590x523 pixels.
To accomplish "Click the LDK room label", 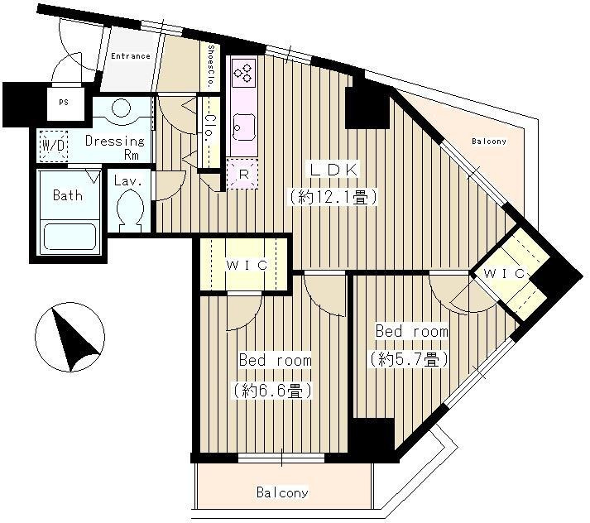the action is tap(333, 170).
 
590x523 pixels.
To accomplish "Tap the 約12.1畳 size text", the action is tap(333, 197).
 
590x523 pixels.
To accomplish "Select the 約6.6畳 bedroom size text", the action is tap(272, 391).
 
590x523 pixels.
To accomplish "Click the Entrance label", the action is tap(131, 56).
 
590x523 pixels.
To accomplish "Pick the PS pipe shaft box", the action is tap(63, 102).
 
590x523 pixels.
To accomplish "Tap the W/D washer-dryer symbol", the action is tap(54, 146).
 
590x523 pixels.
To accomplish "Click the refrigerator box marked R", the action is tap(243, 174).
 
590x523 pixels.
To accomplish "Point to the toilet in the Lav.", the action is tap(130, 209).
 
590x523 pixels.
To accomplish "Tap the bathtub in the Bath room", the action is tap(70, 237).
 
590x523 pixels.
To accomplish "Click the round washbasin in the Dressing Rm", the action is tap(121, 108).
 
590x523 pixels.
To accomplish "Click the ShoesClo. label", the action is tap(211, 66).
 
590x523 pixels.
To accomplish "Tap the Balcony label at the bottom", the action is tap(282, 492).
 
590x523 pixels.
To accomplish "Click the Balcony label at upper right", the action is tap(489, 142).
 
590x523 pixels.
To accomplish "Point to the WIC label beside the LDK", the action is tap(247, 266).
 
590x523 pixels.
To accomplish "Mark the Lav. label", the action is tap(128, 181).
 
